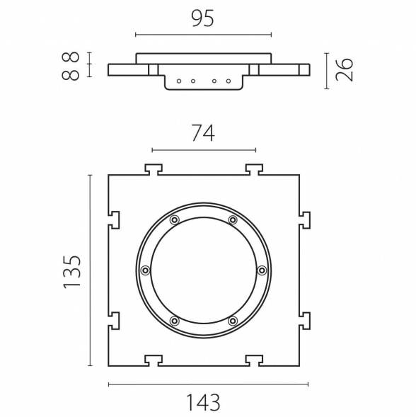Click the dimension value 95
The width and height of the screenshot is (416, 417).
[202, 19]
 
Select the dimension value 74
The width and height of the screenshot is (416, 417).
[203, 133]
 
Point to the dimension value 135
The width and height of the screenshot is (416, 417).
[71, 272]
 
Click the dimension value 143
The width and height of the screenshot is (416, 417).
[203, 402]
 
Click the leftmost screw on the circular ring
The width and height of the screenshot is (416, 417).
[145, 270]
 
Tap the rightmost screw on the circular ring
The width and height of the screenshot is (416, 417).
[262, 270]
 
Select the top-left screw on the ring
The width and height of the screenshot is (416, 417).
[175, 220]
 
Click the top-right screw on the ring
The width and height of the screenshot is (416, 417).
[233, 220]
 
